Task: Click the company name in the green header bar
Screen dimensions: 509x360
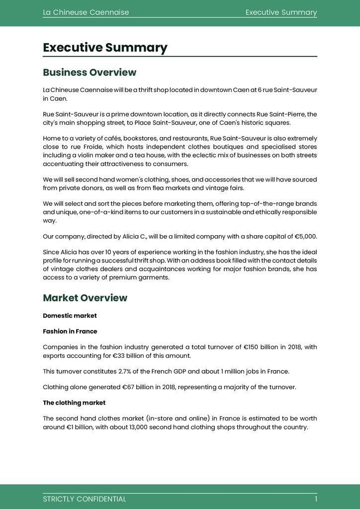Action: point(86,12)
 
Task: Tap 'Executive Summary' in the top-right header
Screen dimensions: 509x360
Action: point(281,12)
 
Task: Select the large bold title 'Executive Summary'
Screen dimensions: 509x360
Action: point(105,48)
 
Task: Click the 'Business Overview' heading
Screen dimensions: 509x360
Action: point(90,73)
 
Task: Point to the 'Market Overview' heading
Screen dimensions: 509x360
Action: point(85,298)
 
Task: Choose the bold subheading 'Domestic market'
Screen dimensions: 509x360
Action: point(70,316)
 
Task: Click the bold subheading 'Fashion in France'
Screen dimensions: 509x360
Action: point(70,332)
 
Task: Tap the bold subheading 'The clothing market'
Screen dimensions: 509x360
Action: point(74,403)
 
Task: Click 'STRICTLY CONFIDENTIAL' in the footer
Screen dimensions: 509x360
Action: point(85,499)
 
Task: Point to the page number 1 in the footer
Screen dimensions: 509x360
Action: point(315,499)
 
